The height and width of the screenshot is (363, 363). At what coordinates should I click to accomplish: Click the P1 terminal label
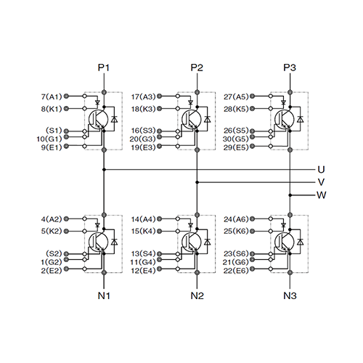[104, 68]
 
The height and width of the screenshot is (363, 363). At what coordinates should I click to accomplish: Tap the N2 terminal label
[197, 295]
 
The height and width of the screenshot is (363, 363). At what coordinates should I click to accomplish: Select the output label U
[321, 170]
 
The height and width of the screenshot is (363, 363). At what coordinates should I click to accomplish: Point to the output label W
[322, 195]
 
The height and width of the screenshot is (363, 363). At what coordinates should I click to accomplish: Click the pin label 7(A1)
[52, 97]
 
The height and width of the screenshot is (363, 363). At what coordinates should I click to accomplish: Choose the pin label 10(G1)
[49, 139]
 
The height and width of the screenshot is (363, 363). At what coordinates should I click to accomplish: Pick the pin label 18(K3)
[143, 109]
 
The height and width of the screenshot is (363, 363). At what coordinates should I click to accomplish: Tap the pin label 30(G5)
[236, 139]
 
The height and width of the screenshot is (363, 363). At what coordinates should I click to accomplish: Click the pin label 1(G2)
[52, 262]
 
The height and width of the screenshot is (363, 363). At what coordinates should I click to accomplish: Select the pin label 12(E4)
[143, 271]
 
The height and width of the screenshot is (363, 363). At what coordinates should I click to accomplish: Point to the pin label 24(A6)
[236, 219]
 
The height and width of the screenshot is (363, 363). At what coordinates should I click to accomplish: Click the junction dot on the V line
[197, 182]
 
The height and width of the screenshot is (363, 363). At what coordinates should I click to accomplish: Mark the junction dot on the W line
[290, 195]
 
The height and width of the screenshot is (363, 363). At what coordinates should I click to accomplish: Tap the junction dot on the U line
[104, 170]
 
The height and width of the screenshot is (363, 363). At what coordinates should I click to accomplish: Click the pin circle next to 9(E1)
[66, 146]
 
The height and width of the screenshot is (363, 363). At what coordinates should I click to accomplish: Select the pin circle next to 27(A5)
[252, 97]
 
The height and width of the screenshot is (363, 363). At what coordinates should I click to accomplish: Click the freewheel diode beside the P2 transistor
[207, 119]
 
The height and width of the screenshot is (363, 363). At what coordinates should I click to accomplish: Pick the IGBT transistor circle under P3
[285, 119]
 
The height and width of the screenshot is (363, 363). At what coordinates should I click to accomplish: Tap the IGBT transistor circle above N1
[98, 242]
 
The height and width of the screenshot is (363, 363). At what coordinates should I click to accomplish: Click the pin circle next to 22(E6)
[252, 269]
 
